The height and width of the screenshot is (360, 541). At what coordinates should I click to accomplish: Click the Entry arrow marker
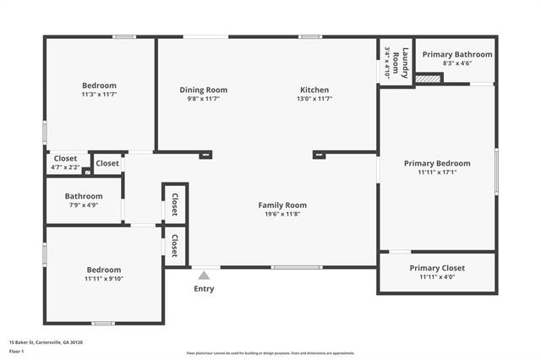(x=204, y=275)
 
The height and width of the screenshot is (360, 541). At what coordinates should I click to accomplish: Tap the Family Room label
(x=282, y=205)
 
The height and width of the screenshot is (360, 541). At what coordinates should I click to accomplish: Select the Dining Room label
(x=204, y=90)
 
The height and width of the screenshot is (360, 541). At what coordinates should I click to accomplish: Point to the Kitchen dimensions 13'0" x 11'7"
(x=314, y=99)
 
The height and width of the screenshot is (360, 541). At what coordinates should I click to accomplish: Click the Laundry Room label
(x=406, y=62)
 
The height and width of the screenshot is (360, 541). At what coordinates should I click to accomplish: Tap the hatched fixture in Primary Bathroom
(x=429, y=79)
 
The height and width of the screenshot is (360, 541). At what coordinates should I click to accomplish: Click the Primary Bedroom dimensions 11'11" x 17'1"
(x=437, y=172)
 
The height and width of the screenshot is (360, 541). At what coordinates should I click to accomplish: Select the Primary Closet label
(x=437, y=268)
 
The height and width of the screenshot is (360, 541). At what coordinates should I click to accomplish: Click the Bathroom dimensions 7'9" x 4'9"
(x=84, y=205)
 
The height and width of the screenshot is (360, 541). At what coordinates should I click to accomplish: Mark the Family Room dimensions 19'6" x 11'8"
(x=282, y=215)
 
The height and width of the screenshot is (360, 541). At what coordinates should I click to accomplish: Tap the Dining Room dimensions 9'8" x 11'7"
(x=204, y=99)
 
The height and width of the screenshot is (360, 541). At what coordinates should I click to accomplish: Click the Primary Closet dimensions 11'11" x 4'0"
(x=437, y=277)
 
